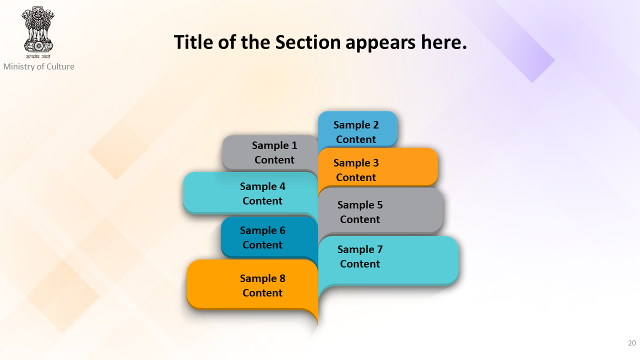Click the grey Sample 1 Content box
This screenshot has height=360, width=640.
tap(270, 152)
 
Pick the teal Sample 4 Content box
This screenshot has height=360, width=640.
tap(250, 193)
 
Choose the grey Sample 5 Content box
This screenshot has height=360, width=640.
tap(380, 211)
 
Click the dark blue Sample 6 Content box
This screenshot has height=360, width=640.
tap(269, 237)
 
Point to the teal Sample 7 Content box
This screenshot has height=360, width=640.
tap(388, 260)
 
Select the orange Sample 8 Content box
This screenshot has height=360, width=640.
tap(252, 284)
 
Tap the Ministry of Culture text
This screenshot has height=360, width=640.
tap(39, 66)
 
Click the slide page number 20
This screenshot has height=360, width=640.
tap(632, 343)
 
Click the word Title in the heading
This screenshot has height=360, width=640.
tap(193, 42)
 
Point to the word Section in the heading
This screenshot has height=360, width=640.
tap(308, 42)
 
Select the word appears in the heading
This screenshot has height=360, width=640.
tap(380, 43)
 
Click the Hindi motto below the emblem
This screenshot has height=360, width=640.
tap(38, 56)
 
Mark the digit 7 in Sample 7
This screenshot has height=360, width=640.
tap(379, 249)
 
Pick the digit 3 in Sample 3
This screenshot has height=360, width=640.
tap(375, 163)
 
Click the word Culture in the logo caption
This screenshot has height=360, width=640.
tap(60, 66)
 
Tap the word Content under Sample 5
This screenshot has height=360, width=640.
tap(360, 219)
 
